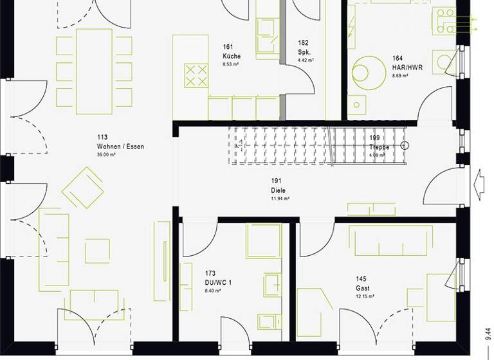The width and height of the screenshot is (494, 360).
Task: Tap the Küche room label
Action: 232,56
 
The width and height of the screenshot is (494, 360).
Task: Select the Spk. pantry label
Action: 304,51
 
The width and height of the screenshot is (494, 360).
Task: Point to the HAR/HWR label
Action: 407,67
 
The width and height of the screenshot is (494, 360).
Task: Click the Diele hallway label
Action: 279,191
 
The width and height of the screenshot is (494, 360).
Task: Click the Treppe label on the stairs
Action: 379,147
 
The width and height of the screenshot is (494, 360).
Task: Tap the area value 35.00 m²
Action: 106,155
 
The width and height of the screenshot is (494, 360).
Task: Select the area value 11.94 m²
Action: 280,199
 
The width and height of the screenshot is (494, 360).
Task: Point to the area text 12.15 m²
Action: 365,296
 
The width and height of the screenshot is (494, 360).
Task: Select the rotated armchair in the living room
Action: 83,188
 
